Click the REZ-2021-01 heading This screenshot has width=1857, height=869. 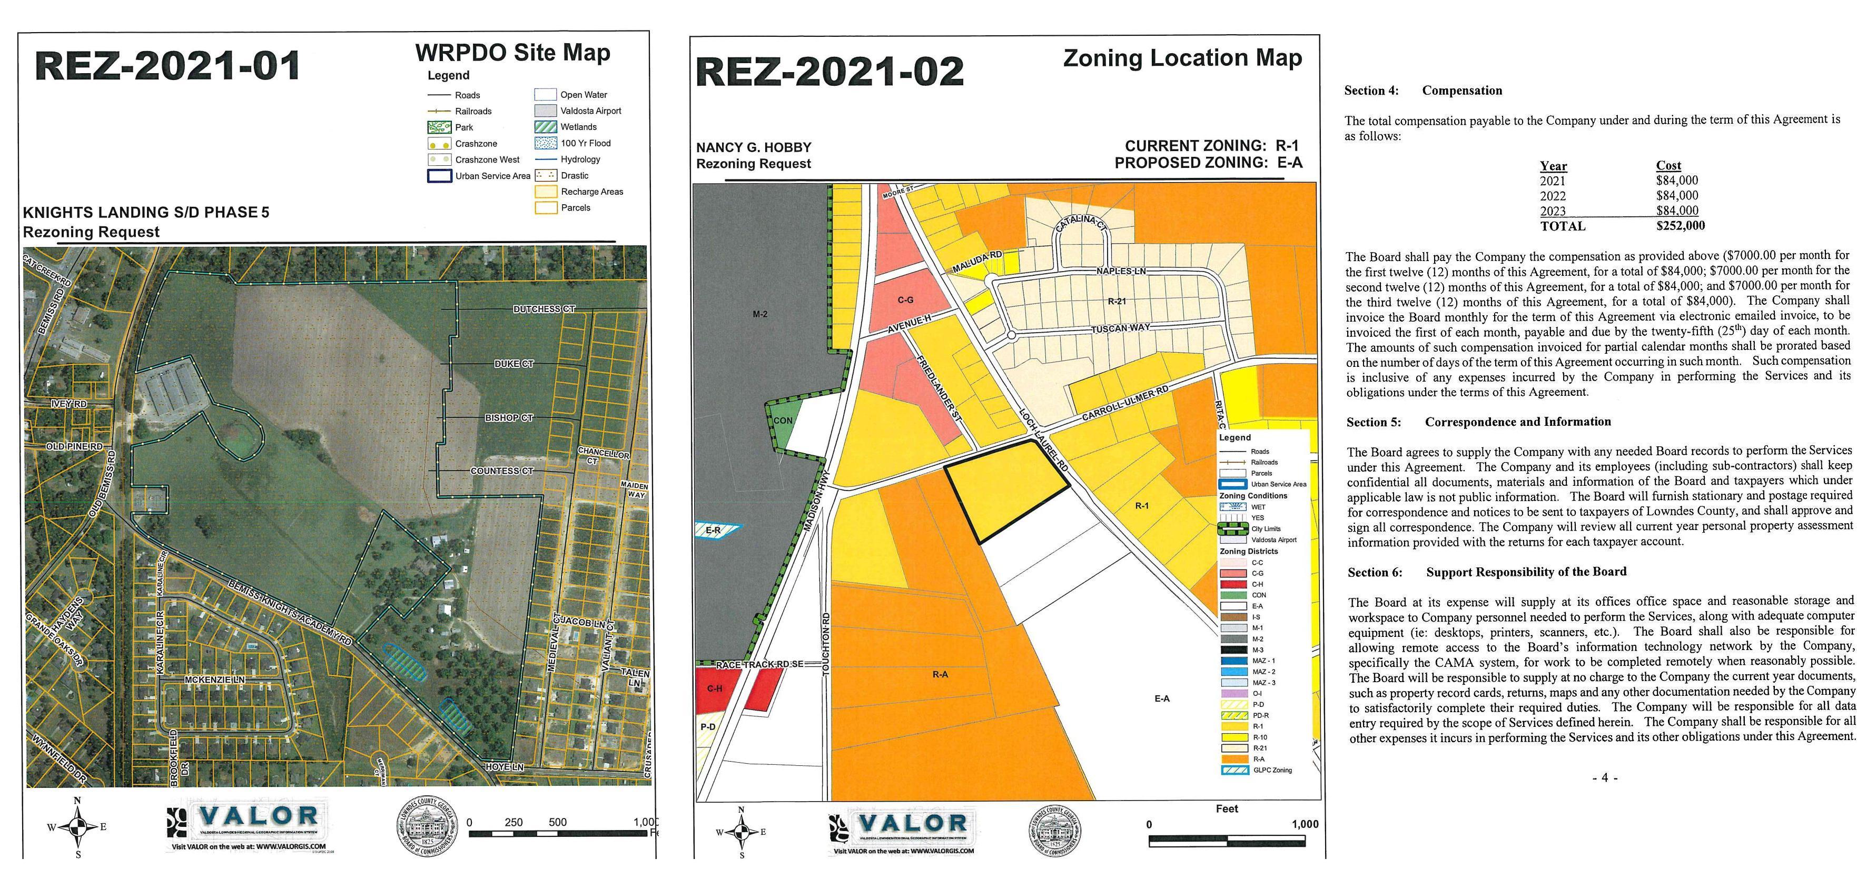(x=167, y=66)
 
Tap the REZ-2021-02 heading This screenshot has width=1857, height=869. (x=829, y=72)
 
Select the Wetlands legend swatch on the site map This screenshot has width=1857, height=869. (x=545, y=127)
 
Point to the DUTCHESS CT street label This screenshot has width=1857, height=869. (x=544, y=309)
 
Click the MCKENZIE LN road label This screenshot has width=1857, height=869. (x=215, y=680)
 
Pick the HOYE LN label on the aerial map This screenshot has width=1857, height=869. (x=505, y=767)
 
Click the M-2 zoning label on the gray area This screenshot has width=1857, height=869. (x=760, y=314)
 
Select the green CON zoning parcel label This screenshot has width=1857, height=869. (x=783, y=421)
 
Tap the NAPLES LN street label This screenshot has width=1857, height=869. (x=1121, y=271)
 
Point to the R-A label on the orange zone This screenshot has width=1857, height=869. (x=940, y=674)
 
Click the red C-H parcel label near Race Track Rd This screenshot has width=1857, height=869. (x=714, y=688)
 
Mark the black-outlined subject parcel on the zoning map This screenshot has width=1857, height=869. (x=1005, y=491)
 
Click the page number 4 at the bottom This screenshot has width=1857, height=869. (x=1605, y=777)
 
